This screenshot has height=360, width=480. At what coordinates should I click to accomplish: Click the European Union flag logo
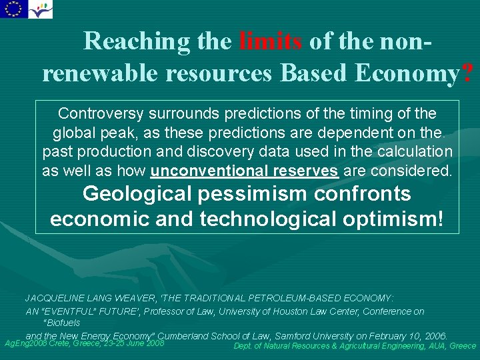point(13,9)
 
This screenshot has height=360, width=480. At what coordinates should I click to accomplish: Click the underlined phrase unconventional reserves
point(244,171)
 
